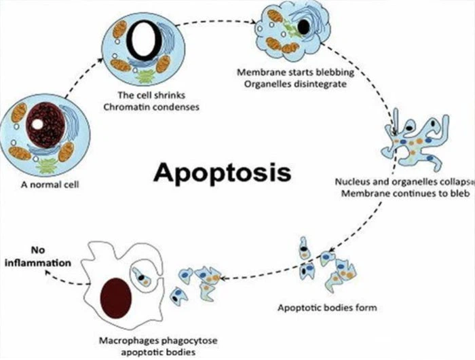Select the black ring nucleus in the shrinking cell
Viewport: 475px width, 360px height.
click(x=145, y=41)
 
